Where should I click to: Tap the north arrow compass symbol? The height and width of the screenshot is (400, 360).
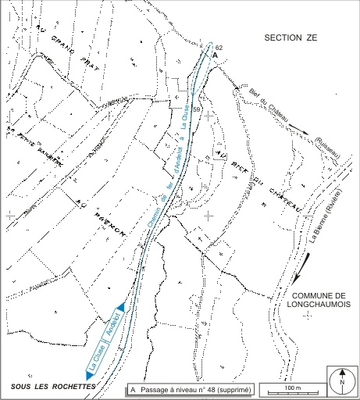pos(342,381)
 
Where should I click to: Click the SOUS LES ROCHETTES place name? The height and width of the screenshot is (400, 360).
pos(47,387)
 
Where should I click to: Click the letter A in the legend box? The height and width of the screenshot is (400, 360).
pos(134,388)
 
